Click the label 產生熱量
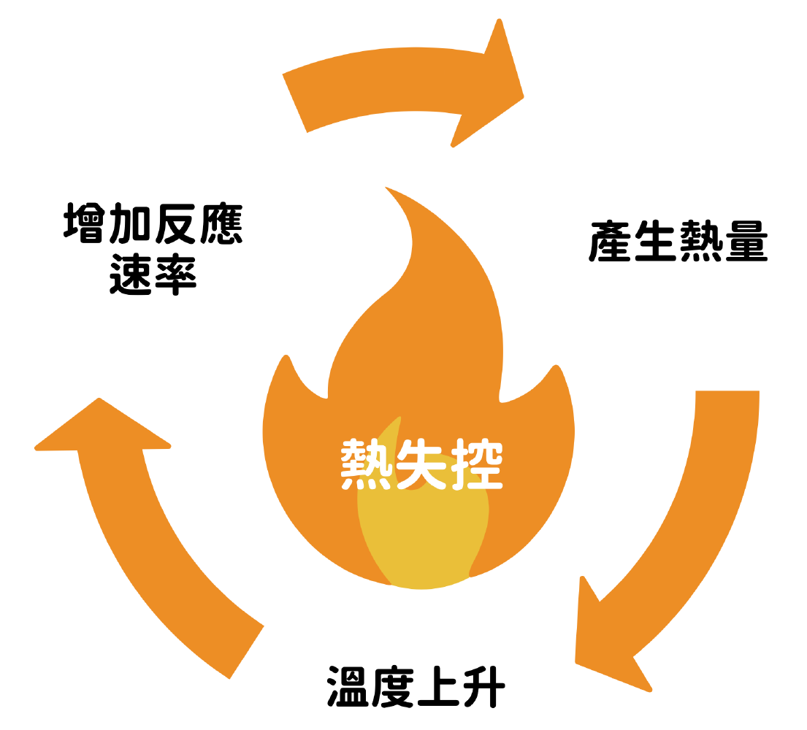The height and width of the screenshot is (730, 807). (x=678, y=242)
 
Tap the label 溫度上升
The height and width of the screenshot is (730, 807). (x=415, y=686)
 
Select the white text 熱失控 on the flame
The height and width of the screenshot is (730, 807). (x=422, y=465)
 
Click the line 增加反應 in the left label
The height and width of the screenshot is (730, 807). (x=153, y=226)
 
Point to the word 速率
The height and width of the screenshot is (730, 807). (x=153, y=275)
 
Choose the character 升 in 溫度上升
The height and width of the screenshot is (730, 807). (x=482, y=686)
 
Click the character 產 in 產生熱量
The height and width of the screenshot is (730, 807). (x=610, y=242)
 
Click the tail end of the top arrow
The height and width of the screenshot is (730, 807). (x=294, y=102)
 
